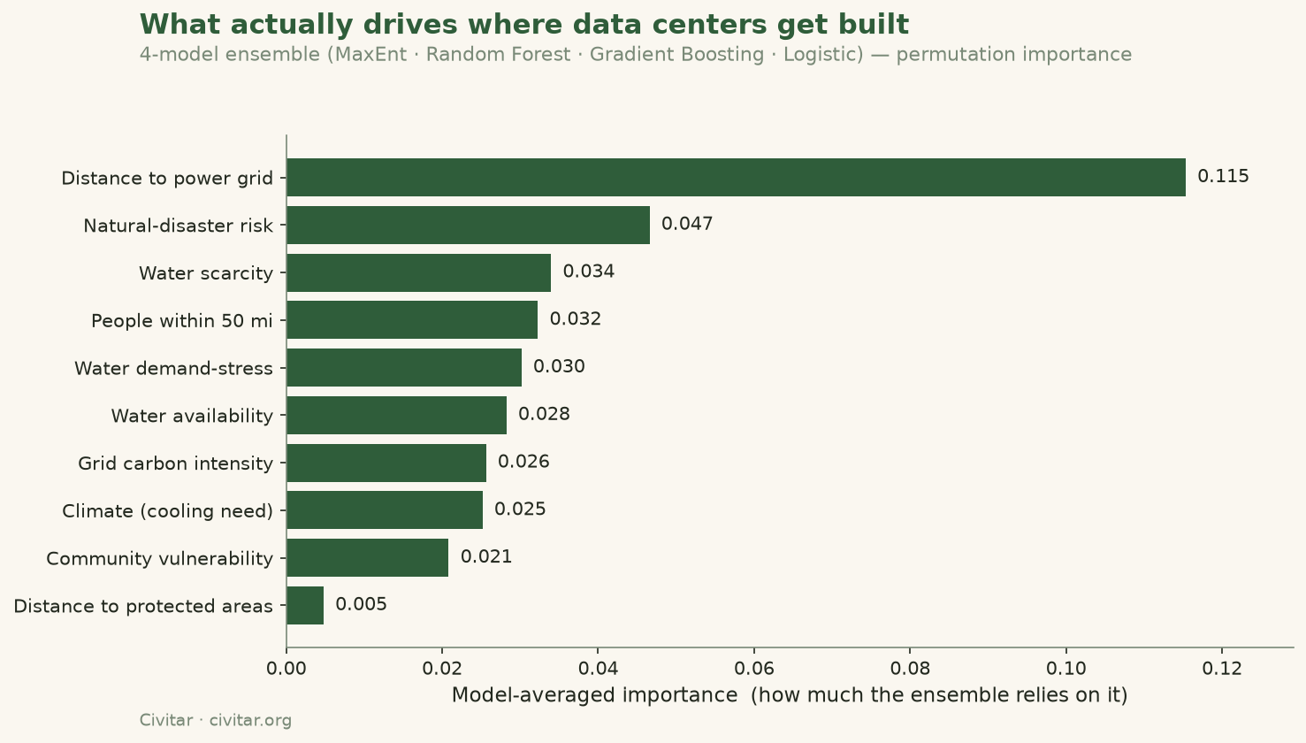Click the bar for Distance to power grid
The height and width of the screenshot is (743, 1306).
[x=736, y=177]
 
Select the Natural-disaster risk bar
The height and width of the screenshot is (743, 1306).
[x=468, y=226]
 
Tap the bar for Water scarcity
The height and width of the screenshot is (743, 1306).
[x=418, y=272]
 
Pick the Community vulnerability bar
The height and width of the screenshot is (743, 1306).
[x=367, y=557]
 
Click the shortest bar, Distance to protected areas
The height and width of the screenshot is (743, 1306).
[x=305, y=605]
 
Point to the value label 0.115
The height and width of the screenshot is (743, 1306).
[x=1223, y=176]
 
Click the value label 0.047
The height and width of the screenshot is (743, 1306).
[x=687, y=224]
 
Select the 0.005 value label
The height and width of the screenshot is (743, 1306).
[x=361, y=604]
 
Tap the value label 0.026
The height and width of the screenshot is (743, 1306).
[x=523, y=462]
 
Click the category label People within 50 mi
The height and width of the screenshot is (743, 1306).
[x=182, y=321]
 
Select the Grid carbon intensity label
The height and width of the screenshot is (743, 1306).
[x=175, y=463]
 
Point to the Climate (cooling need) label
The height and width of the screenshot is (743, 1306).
[x=167, y=511]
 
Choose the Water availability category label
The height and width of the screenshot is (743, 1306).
[x=192, y=416]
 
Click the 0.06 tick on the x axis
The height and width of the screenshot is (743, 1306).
[x=754, y=669]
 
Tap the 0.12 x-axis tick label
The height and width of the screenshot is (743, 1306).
[x=1222, y=669]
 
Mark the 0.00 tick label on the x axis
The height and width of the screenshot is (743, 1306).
[x=286, y=669]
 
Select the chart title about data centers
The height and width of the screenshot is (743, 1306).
[x=524, y=25]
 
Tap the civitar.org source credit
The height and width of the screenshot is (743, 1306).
[x=250, y=721]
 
